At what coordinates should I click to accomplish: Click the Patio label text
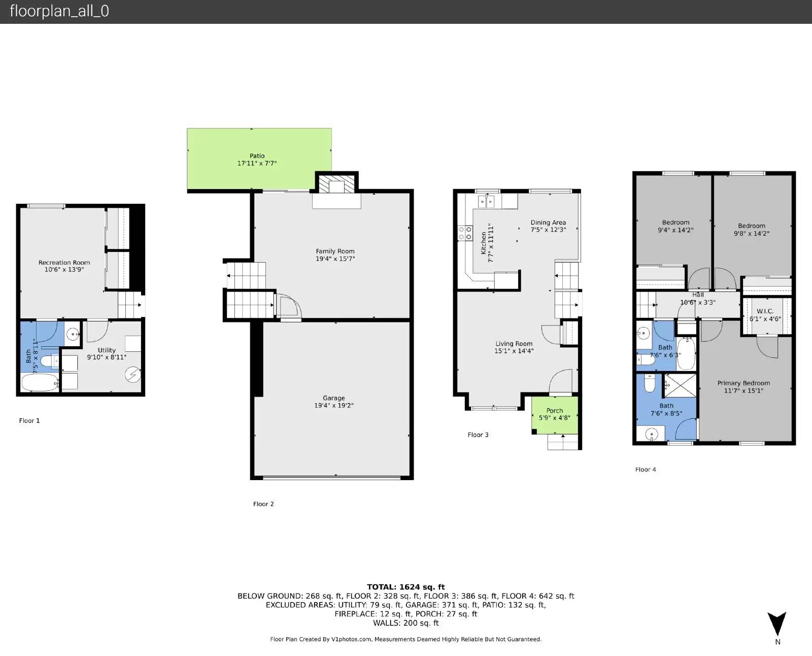(x=257, y=156)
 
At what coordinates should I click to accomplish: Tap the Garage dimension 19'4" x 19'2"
(x=333, y=406)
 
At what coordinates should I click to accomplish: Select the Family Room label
(x=335, y=251)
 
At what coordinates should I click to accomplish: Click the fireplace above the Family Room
(x=336, y=186)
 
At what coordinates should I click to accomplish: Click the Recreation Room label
(x=64, y=263)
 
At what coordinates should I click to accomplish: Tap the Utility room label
(x=107, y=350)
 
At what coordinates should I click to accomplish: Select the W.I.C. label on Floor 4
(x=765, y=311)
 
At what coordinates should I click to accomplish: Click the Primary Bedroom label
(x=743, y=383)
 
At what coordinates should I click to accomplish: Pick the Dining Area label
(x=548, y=223)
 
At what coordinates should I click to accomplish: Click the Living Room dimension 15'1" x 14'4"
(x=514, y=351)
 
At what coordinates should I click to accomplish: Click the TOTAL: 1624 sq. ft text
(x=405, y=587)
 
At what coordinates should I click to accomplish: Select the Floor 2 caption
(x=263, y=504)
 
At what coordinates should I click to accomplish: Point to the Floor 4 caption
(x=646, y=469)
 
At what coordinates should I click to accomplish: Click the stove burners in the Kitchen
(x=465, y=233)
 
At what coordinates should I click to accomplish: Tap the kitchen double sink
(x=486, y=201)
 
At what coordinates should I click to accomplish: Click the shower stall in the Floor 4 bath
(x=680, y=385)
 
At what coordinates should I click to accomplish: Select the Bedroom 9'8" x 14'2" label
(x=752, y=226)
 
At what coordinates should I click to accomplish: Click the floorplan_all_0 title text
(x=59, y=11)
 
